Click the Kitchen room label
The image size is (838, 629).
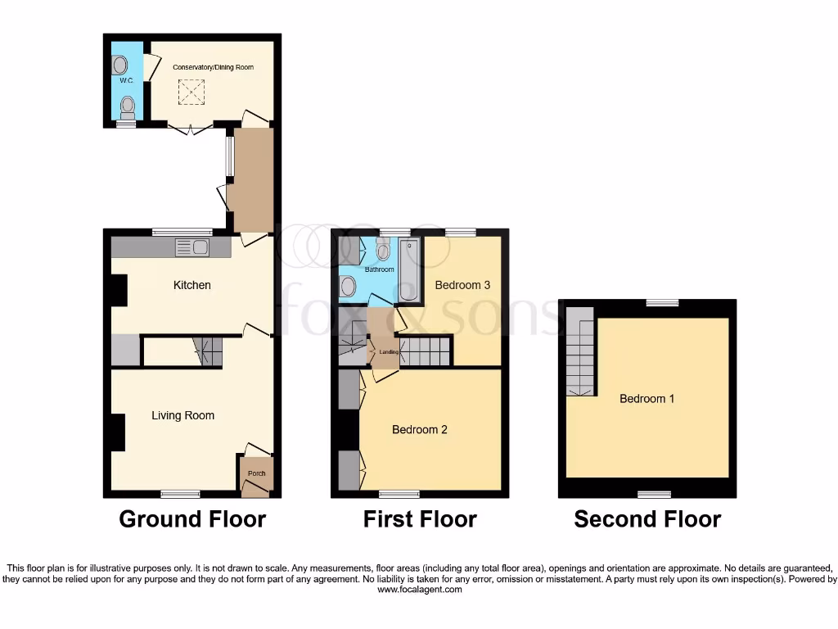(191, 285)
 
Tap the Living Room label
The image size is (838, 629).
(182, 415)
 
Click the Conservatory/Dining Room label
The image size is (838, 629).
(213, 66)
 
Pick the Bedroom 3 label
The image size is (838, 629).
(462, 285)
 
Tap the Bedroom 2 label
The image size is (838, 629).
(419, 429)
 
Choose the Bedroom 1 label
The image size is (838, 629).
(647, 399)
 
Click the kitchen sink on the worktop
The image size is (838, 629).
(192, 247)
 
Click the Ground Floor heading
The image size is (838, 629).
(192, 519)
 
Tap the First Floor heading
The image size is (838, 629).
(420, 519)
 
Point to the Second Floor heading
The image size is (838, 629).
(647, 519)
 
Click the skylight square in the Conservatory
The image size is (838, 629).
(192, 92)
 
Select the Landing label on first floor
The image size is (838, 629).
(389, 352)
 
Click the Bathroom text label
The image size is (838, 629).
(379, 269)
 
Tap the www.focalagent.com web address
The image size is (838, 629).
(418, 589)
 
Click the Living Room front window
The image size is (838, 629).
(180, 494)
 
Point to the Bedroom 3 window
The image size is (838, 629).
(461, 233)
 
